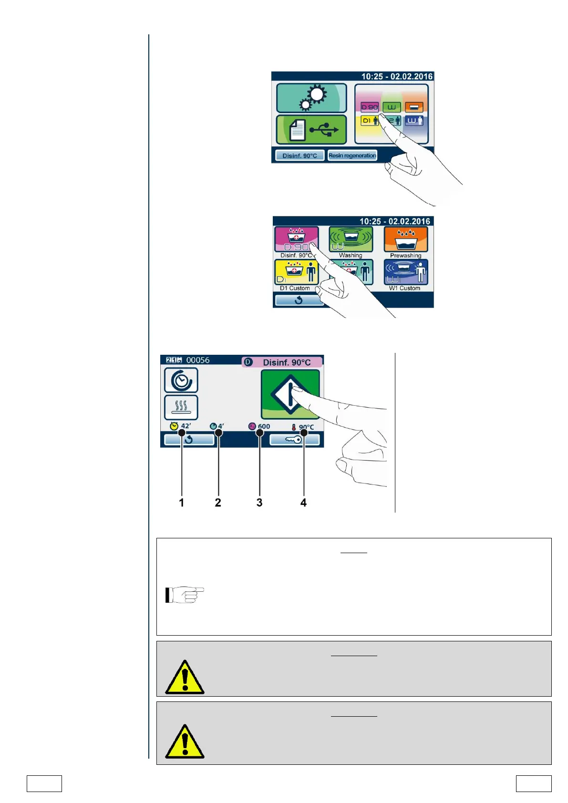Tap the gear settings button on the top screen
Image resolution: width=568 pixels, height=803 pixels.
311,98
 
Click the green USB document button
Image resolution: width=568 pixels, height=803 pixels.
311,130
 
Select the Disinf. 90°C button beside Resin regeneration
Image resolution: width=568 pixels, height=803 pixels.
299,155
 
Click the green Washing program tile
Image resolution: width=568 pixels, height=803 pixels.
351,239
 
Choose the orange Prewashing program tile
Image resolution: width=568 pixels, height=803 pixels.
406,239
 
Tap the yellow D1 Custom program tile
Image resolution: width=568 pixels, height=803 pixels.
296,272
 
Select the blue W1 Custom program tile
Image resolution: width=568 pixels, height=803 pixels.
406,272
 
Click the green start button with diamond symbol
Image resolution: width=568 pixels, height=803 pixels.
290,394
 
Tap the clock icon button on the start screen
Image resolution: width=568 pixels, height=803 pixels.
181,380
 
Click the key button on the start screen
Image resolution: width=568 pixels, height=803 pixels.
294,440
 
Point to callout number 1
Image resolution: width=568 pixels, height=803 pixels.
181,503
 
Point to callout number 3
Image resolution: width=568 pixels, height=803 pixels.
259,503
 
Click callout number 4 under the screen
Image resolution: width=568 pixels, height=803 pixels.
303,503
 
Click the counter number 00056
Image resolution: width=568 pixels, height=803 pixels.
197,360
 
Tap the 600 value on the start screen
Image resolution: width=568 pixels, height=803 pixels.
264,426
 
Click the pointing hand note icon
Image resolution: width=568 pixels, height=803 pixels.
185,595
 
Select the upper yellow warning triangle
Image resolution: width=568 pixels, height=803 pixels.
185,678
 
